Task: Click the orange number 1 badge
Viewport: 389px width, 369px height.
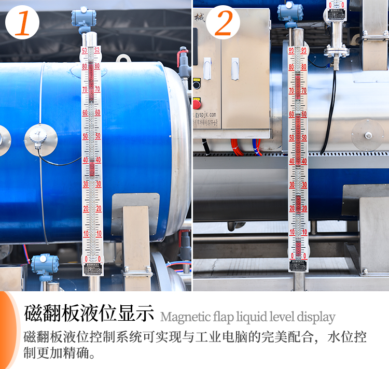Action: coord(22,23)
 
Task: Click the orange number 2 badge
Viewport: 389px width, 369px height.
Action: coord(223,23)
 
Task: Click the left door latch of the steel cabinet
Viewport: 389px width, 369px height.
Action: coord(207,68)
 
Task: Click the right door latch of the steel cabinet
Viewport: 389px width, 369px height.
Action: coord(235,68)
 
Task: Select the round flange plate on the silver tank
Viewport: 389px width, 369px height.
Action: coord(368,135)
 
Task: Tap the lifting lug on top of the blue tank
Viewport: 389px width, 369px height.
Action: coord(123,59)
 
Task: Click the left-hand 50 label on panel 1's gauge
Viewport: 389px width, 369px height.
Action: coord(85,136)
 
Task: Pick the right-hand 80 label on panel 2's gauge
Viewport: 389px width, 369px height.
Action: coord(304,66)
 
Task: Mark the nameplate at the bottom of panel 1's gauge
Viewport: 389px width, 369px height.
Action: coord(92,268)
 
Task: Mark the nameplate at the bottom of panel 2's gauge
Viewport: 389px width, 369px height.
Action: coord(298,265)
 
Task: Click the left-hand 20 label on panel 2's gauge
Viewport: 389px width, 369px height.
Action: coord(292,208)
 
